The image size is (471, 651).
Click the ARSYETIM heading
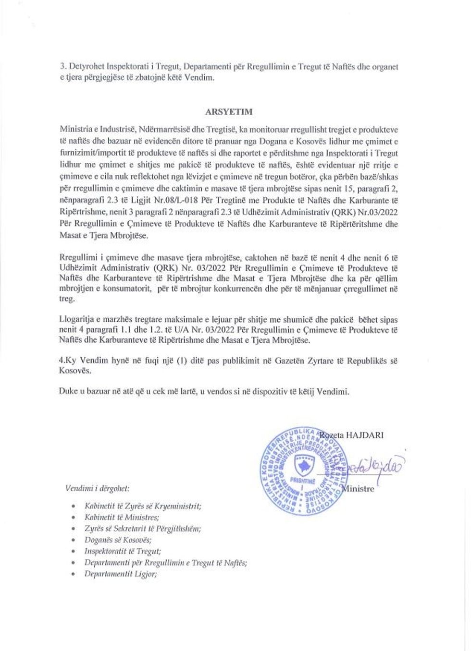229,112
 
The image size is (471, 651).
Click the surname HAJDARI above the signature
366,435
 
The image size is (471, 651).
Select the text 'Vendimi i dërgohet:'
97,489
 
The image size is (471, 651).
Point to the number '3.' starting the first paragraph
62,67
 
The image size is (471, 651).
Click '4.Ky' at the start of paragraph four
68,361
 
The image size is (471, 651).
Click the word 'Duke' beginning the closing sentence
68,392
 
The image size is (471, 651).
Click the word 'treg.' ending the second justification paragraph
68,299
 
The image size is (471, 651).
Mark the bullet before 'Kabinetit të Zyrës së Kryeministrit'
73,506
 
